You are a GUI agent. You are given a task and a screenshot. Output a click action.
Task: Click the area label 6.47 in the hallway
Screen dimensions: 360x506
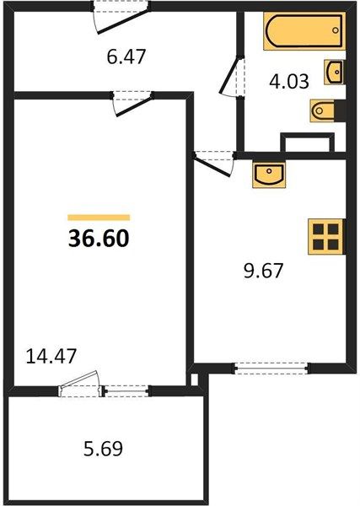[126, 57]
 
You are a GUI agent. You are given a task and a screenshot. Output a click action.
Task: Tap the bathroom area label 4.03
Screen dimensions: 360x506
[289, 81]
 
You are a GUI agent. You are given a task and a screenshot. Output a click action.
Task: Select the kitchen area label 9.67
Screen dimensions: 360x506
[263, 271]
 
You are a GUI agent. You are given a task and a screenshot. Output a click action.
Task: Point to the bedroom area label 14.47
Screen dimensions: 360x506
[51, 356]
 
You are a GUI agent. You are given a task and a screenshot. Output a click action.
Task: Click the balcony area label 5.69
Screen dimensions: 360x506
[103, 449]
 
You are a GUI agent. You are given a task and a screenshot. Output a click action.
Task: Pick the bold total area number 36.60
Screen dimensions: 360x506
[99, 239]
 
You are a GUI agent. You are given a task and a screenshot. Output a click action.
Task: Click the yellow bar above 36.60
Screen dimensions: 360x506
[99, 218]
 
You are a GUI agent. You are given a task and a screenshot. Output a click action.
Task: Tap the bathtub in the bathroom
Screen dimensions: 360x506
[304, 31]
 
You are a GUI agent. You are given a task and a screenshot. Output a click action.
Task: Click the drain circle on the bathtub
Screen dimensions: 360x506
[336, 30]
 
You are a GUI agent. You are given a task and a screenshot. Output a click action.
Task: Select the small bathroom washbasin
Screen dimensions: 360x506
[334, 73]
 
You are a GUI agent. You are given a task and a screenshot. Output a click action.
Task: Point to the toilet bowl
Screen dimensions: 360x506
[322, 110]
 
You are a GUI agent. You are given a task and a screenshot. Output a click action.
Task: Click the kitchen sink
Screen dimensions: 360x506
[269, 175]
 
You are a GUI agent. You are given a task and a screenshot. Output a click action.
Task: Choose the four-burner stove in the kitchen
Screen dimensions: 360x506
[325, 236]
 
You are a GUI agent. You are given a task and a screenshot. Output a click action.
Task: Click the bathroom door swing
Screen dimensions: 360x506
[232, 76]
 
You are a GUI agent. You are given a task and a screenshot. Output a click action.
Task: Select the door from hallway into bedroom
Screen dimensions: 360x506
[132, 105]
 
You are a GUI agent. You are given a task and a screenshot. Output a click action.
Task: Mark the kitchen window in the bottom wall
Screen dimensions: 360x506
[271, 369]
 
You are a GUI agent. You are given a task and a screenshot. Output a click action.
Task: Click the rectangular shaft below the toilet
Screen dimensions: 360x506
[308, 143]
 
